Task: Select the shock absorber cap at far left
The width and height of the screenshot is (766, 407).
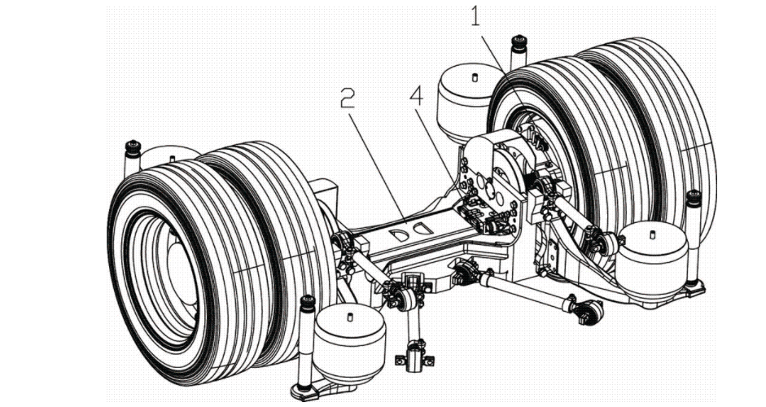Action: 131,147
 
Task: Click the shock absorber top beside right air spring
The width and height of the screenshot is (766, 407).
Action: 694,197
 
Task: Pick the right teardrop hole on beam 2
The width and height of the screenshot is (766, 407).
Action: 422,229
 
